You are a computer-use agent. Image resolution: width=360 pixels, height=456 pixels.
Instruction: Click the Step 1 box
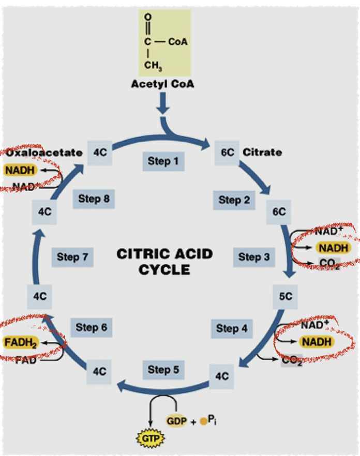[x=163, y=161]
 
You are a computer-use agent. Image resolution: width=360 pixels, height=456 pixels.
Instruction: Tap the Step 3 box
[x=254, y=256]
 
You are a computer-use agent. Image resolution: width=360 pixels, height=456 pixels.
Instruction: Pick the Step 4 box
[x=231, y=328]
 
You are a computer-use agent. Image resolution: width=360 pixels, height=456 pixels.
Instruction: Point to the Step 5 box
[x=163, y=370]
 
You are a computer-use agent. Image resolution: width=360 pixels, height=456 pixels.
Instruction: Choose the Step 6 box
[x=91, y=327]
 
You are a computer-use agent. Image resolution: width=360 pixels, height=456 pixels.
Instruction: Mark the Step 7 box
[x=72, y=257]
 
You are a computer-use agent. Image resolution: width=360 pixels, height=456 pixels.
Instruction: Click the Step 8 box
[x=94, y=198]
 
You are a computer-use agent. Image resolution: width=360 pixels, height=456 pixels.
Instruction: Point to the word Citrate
[x=262, y=152]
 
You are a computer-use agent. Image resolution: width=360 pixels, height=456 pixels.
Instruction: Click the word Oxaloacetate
[x=44, y=152]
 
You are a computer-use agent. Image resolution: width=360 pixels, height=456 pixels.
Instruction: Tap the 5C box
[x=286, y=297]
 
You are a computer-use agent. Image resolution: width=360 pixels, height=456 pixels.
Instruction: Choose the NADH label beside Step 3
[x=333, y=248]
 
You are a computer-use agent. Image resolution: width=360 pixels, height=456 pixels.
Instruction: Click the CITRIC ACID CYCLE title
[x=164, y=262]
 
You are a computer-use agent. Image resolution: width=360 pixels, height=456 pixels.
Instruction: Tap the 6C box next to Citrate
[x=227, y=152]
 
